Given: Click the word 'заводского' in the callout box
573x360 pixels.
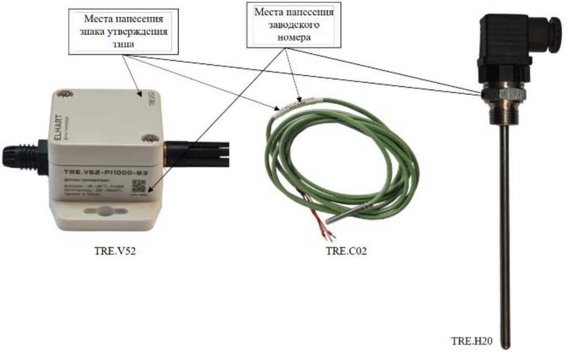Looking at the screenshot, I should pos(294,25).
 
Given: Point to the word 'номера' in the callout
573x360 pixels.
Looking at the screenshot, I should pos(294,38).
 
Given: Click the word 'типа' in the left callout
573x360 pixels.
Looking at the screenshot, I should pos(123,45).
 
